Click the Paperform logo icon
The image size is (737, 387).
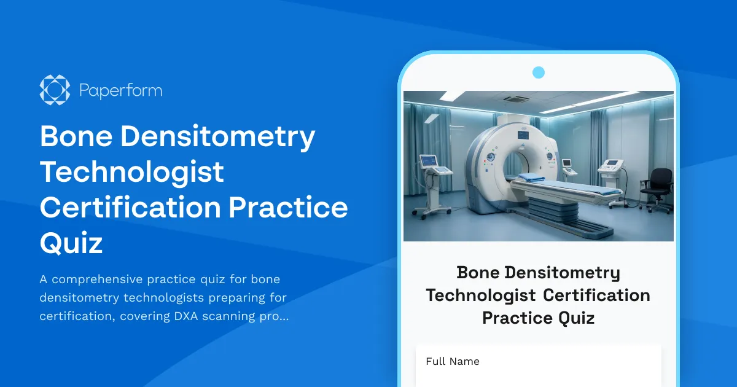click(x=55, y=90)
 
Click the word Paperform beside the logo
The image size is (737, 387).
click(x=121, y=91)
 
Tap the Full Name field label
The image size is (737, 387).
click(x=452, y=361)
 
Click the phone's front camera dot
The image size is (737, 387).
click(x=539, y=72)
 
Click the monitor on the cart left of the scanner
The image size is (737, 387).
click(x=428, y=161)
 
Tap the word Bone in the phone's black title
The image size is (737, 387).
click(x=478, y=272)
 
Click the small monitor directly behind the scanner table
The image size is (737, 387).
click(x=566, y=163)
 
